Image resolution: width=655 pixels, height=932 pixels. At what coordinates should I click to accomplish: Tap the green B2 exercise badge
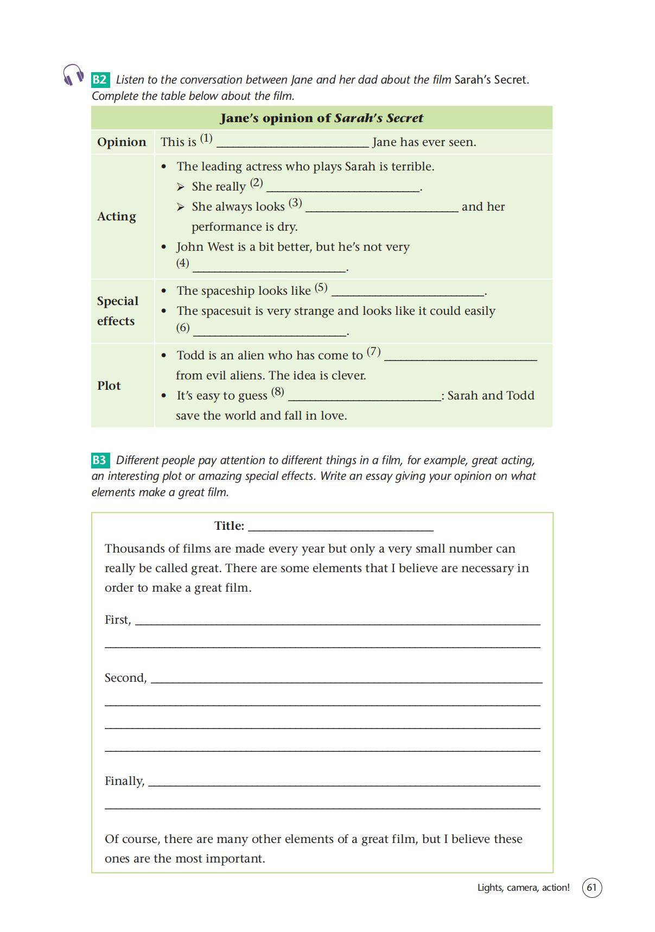coord(100,80)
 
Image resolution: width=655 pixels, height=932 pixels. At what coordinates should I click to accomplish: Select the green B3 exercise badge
coord(100,460)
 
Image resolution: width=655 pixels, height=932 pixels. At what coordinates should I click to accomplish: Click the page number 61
coord(592,887)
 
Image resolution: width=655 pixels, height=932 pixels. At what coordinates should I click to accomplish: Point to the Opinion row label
coord(122,142)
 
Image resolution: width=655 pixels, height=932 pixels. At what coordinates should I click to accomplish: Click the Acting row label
coord(117,216)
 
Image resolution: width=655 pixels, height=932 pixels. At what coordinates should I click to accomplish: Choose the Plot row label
coord(109,385)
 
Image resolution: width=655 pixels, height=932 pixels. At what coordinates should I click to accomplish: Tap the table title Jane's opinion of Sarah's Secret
coord(321,118)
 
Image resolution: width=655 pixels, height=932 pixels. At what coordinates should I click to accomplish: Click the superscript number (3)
coord(295,203)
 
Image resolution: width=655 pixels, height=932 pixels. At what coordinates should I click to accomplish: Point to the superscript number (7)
coord(373,352)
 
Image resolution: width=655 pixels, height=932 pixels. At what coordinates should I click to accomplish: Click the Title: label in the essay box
coord(229,525)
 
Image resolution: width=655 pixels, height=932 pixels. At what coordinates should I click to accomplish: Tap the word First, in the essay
coord(118,620)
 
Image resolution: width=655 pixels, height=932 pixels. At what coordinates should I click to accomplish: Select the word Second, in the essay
coord(125,678)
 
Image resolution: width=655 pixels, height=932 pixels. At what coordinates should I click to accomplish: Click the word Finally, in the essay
coord(124,781)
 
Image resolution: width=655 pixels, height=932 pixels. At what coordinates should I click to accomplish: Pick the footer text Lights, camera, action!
coord(523,887)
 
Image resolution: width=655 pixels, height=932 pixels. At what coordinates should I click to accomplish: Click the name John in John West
coord(190,247)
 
